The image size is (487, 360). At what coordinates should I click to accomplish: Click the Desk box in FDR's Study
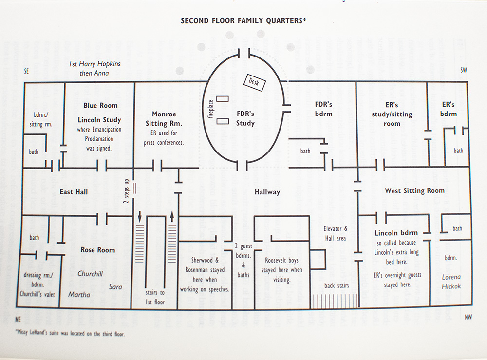click(x=254, y=83)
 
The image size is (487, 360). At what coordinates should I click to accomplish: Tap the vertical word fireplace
click(x=211, y=109)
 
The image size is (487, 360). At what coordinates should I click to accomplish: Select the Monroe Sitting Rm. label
click(x=164, y=119)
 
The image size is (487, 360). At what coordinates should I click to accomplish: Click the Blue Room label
click(x=100, y=105)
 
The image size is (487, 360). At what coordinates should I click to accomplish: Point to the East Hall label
click(x=74, y=192)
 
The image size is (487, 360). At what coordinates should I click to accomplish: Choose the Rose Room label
click(x=97, y=250)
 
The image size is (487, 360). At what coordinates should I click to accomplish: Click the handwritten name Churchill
click(x=90, y=274)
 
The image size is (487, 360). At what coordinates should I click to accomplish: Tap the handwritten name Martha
click(x=79, y=294)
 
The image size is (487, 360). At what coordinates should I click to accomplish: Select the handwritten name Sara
click(x=115, y=287)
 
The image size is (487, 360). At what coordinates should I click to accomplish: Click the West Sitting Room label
click(x=414, y=190)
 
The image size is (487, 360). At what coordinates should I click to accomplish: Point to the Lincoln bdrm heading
click(x=396, y=233)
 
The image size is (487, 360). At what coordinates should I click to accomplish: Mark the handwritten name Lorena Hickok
click(x=451, y=282)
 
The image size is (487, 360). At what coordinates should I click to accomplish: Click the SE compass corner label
click(x=26, y=71)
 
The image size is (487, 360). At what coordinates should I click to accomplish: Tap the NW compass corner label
click(x=468, y=317)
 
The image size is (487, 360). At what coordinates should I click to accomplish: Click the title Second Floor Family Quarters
click(x=243, y=21)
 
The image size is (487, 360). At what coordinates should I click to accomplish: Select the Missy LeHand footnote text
click(x=70, y=334)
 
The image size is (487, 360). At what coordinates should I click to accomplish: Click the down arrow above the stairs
click(x=140, y=216)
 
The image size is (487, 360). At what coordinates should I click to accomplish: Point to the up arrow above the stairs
click(x=172, y=216)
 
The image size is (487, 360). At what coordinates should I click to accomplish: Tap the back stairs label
click(x=337, y=285)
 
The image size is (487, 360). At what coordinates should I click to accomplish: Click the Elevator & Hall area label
click(x=336, y=233)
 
